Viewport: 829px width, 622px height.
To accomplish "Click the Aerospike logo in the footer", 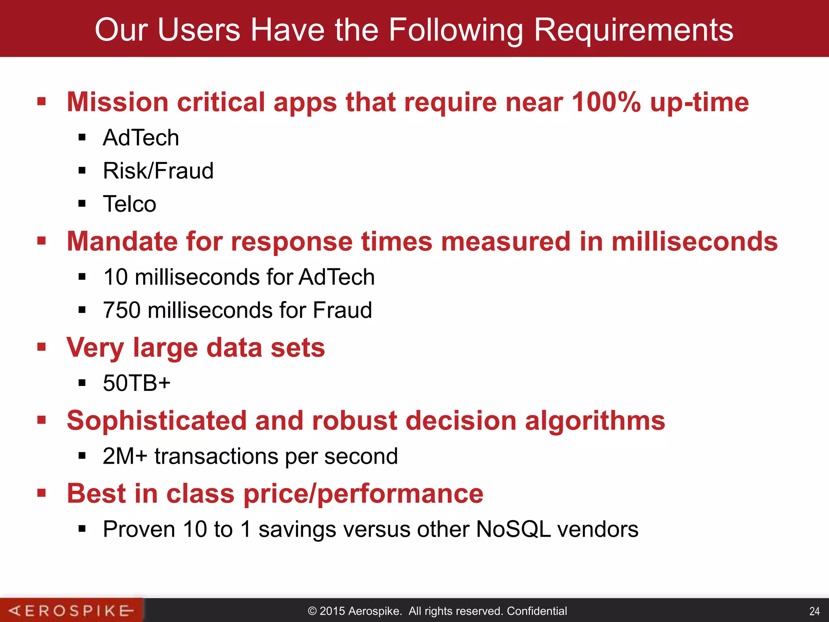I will [71, 610].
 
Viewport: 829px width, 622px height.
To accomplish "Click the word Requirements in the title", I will [633, 30].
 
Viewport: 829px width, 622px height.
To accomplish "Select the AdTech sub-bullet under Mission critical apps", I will [141, 138].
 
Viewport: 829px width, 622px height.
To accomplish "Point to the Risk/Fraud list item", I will [158, 170].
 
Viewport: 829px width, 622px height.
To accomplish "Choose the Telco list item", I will [129, 204].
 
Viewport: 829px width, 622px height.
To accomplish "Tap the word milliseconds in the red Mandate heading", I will [695, 241].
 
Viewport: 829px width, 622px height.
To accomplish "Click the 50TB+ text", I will [136, 383].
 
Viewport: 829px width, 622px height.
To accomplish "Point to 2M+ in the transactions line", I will [125, 456].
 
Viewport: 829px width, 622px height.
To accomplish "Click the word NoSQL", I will [513, 529].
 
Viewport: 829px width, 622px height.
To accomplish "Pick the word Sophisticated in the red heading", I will [157, 420].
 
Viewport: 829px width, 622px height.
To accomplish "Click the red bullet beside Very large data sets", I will [41, 347].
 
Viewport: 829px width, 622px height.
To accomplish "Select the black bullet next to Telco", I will [82, 203].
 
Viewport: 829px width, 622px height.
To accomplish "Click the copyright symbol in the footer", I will [312, 611].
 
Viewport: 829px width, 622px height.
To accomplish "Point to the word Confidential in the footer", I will [537, 611].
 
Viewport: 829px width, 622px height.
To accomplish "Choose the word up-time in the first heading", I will [699, 102].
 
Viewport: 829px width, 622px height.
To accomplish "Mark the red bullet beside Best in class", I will [41, 493].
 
